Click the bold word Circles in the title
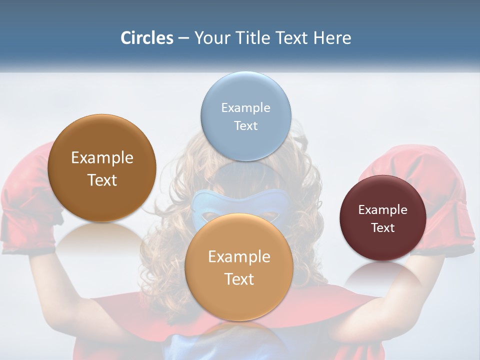coord(147,38)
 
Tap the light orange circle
coord(239,300)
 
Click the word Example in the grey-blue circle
coord(246,107)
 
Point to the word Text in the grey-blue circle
coord(246,125)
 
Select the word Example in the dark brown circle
coord(102,157)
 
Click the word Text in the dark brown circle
coord(102,180)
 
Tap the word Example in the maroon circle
coord(383,209)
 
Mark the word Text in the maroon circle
coord(383,227)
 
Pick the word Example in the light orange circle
coord(239,256)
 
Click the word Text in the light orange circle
coord(239,279)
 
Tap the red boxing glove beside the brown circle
coord(25,200)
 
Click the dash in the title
coord(183,38)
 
